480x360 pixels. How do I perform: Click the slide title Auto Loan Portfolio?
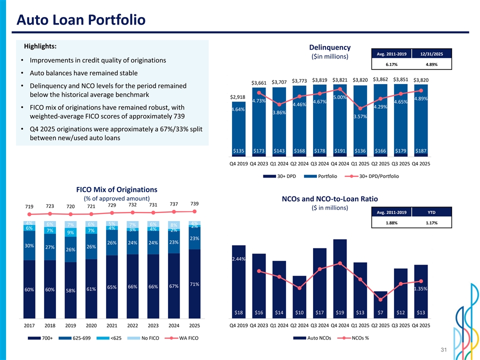[80, 20]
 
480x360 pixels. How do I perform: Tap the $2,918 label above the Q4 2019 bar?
[238, 96]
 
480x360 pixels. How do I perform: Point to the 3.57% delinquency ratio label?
[360, 117]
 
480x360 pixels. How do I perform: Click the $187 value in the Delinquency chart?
[421, 151]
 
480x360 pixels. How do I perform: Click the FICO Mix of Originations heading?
[116, 189]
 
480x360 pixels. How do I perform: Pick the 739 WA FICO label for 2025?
[194, 203]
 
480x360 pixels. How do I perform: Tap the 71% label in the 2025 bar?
[194, 284]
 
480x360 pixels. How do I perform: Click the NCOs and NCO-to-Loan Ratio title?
[329, 199]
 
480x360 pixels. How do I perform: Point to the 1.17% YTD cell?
[432, 223]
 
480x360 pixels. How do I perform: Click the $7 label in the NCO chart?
[380, 313]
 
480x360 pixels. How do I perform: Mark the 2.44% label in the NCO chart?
[238, 259]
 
